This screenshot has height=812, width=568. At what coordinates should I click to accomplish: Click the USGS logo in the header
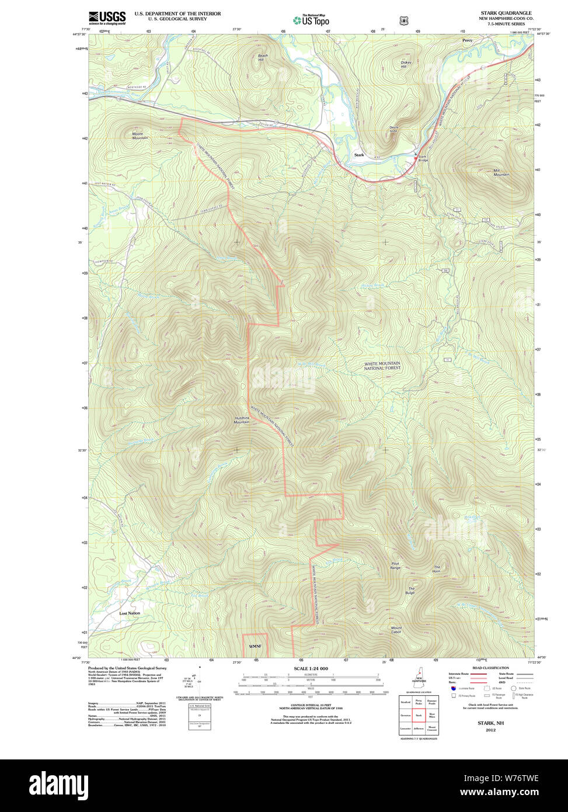click(107, 18)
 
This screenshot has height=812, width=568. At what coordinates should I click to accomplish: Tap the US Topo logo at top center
click(311, 20)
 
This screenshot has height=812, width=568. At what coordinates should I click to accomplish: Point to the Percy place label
click(467, 40)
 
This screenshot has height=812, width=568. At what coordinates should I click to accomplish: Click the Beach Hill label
click(262, 58)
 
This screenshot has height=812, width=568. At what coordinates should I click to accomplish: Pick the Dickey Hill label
click(406, 64)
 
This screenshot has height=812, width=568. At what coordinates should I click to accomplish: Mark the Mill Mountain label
click(501, 172)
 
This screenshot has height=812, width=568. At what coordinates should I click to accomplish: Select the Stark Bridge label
click(423, 158)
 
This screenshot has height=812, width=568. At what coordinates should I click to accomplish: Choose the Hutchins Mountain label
click(242, 419)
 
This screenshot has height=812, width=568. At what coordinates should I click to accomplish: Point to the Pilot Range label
click(395, 565)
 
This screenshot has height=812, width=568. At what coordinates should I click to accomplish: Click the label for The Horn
click(436, 569)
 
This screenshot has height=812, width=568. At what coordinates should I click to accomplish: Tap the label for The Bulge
click(411, 591)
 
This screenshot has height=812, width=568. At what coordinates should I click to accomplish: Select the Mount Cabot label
click(396, 630)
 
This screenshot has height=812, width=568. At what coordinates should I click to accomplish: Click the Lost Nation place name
click(130, 613)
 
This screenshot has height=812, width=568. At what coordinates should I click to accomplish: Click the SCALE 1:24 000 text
click(311, 668)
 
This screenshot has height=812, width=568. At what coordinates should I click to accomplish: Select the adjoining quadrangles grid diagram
click(419, 714)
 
